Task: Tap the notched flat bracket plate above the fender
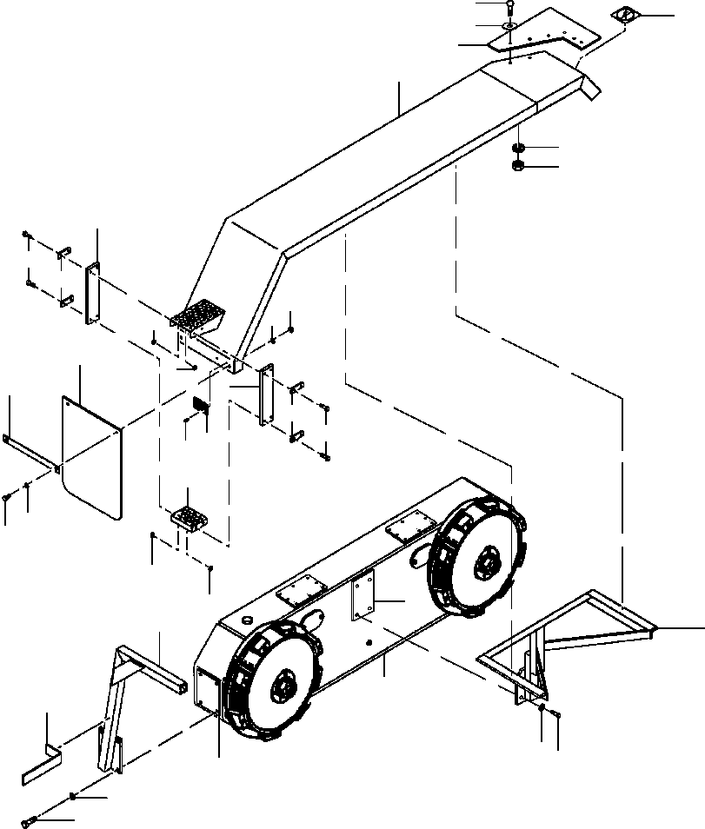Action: [548, 33]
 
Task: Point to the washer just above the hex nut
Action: [516, 148]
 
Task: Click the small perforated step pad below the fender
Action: [190, 518]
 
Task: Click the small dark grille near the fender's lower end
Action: [200, 405]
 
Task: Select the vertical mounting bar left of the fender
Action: [92, 294]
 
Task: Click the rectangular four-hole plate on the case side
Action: [363, 596]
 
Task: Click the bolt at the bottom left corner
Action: [35, 818]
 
